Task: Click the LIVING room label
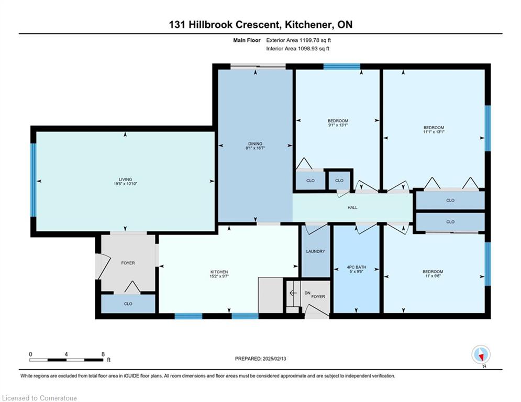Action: [125, 180]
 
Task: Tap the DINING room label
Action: [255, 144]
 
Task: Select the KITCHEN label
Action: [219, 272]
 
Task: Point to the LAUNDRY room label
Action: [315, 251]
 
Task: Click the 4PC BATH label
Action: [356, 267]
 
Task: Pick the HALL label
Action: [352, 208]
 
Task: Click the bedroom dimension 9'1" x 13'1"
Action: [338, 125]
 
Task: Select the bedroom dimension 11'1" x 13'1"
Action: [434, 132]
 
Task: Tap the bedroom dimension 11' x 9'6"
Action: [433, 276]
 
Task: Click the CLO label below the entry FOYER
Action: [128, 304]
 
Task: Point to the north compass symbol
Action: [481, 354]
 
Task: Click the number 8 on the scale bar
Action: [103, 354]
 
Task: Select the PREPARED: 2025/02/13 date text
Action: [261, 359]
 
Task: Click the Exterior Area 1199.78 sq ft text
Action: [298, 40]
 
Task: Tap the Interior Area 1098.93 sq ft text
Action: [298, 49]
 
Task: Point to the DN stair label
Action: [307, 293]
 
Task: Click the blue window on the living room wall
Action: [33, 180]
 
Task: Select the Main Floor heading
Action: [247, 40]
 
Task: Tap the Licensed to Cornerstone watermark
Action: [39, 398]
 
